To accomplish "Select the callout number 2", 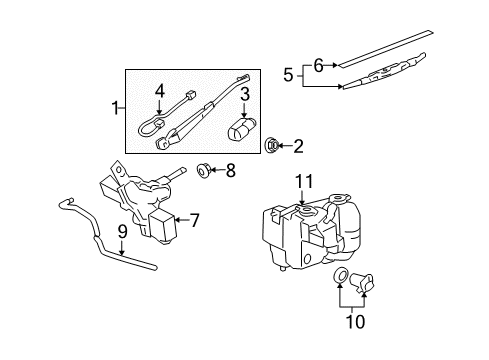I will click(297, 146).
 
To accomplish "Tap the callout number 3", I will click(243, 95).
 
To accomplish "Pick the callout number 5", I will click(288, 73).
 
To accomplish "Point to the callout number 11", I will click(303, 180).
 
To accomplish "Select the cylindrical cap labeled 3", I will click(242, 131).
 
